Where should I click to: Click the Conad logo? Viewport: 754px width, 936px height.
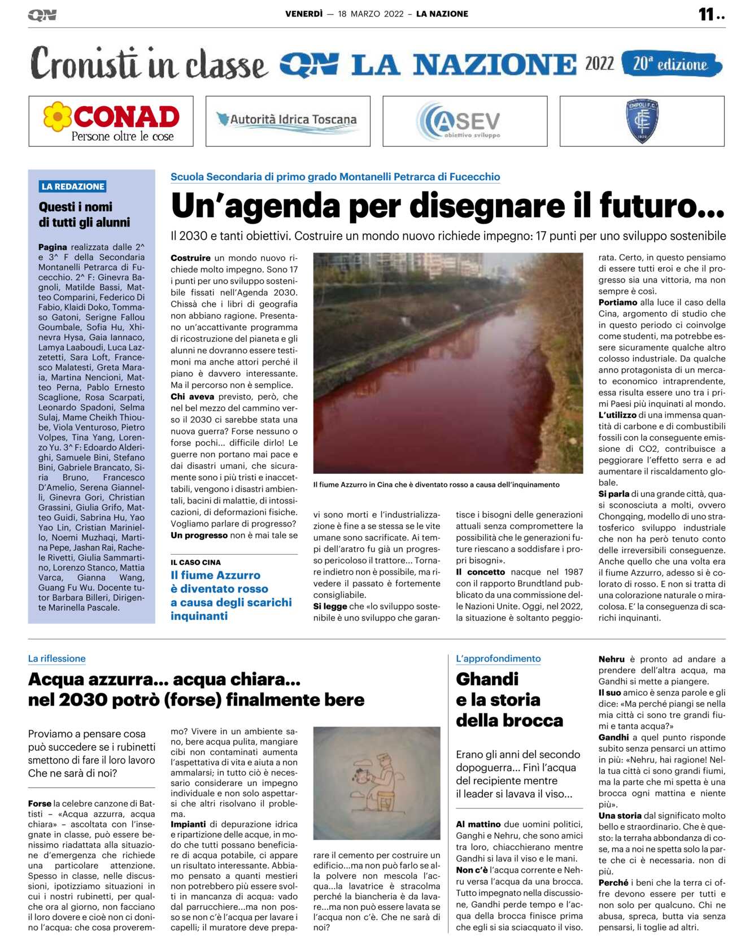[111, 121]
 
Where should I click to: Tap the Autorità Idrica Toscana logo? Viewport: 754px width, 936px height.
[287, 120]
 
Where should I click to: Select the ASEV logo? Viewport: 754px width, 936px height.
[464, 121]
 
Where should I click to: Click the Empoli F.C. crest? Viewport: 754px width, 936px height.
[642, 120]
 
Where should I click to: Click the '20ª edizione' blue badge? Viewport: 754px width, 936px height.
[670, 64]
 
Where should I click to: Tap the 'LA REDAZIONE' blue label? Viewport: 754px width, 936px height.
[73, 186]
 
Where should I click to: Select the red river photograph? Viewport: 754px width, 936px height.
[448, 363]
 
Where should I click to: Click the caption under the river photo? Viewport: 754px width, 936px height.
[436, 485]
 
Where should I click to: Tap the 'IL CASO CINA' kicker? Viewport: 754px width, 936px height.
[195, 563]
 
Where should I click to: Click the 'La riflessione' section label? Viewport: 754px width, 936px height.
[57, 659]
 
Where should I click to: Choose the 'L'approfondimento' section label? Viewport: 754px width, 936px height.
[498, 659]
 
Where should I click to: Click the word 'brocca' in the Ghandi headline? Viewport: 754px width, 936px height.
[534, 721]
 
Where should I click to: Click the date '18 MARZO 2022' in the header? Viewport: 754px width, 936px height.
[371, 14]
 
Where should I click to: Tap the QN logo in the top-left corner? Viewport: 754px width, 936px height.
[42, 15]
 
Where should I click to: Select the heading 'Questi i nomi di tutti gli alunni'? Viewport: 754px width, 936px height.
[84, 215]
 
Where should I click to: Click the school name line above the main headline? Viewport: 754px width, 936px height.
[335, 177]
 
